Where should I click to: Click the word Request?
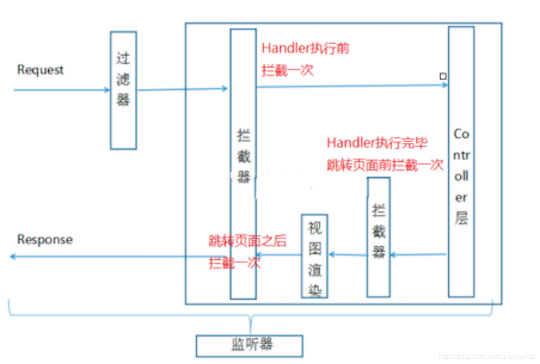[40, 70]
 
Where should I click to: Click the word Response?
[45, 240]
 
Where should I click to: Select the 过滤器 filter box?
[123, 90]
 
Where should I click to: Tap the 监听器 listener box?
[249, 345]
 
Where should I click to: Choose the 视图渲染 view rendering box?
[314, 255]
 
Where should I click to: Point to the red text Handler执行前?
[305, 49]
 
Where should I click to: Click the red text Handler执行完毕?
[377, 143]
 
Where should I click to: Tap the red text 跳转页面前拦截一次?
[385, 165]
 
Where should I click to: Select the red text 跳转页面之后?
[247, 241]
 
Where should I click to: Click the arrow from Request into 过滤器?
[61, 90]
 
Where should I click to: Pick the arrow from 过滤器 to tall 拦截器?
[182, 89]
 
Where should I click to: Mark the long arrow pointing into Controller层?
[352, 86]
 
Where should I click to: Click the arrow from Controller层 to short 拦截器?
[418, 255]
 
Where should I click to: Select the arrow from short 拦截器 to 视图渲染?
[348, 255]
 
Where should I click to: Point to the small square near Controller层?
[443, 76]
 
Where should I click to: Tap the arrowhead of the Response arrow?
[12, 256]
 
